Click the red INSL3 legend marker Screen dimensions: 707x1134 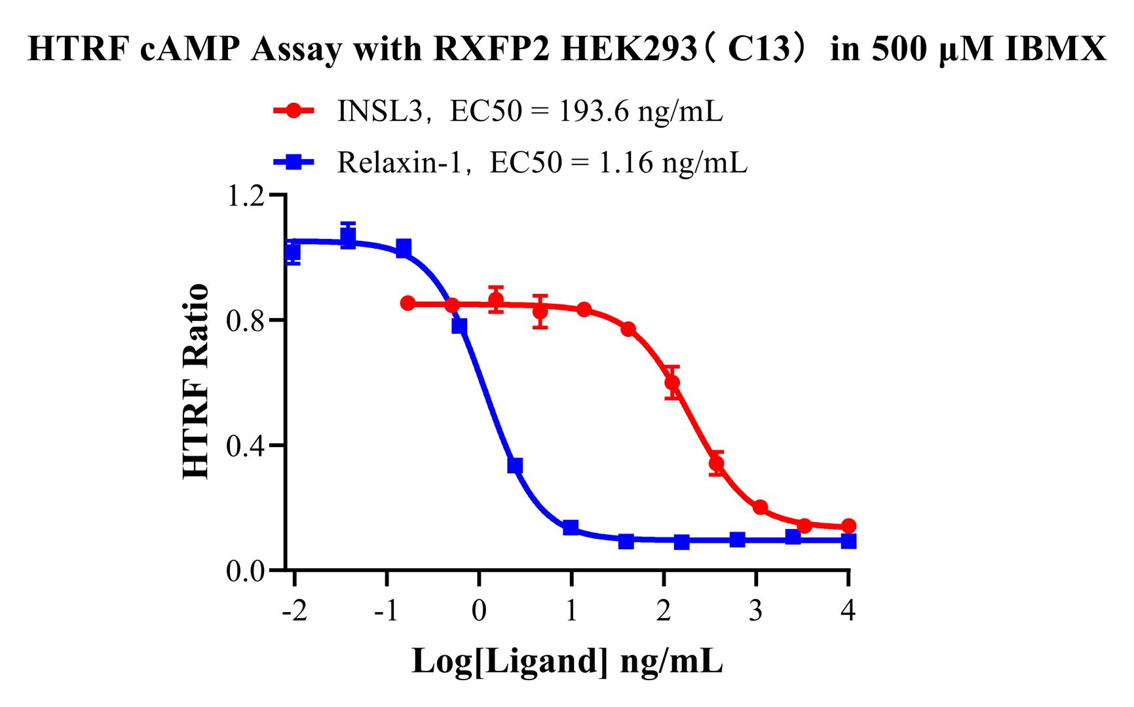[x=295, y=111]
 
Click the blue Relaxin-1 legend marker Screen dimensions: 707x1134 [x=295, y=162]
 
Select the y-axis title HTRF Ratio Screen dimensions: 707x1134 [x=197, y=382]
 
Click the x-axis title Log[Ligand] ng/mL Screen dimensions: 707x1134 [x=567, y=661]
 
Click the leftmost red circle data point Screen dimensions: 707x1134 [x=407, y=303]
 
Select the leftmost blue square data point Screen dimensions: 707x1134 [x=293, y=251]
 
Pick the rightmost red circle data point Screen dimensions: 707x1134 [x=849, y=526]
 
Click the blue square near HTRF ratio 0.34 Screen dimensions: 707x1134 [x=515, y=465]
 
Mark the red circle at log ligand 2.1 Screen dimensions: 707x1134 [x=672, y=382]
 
